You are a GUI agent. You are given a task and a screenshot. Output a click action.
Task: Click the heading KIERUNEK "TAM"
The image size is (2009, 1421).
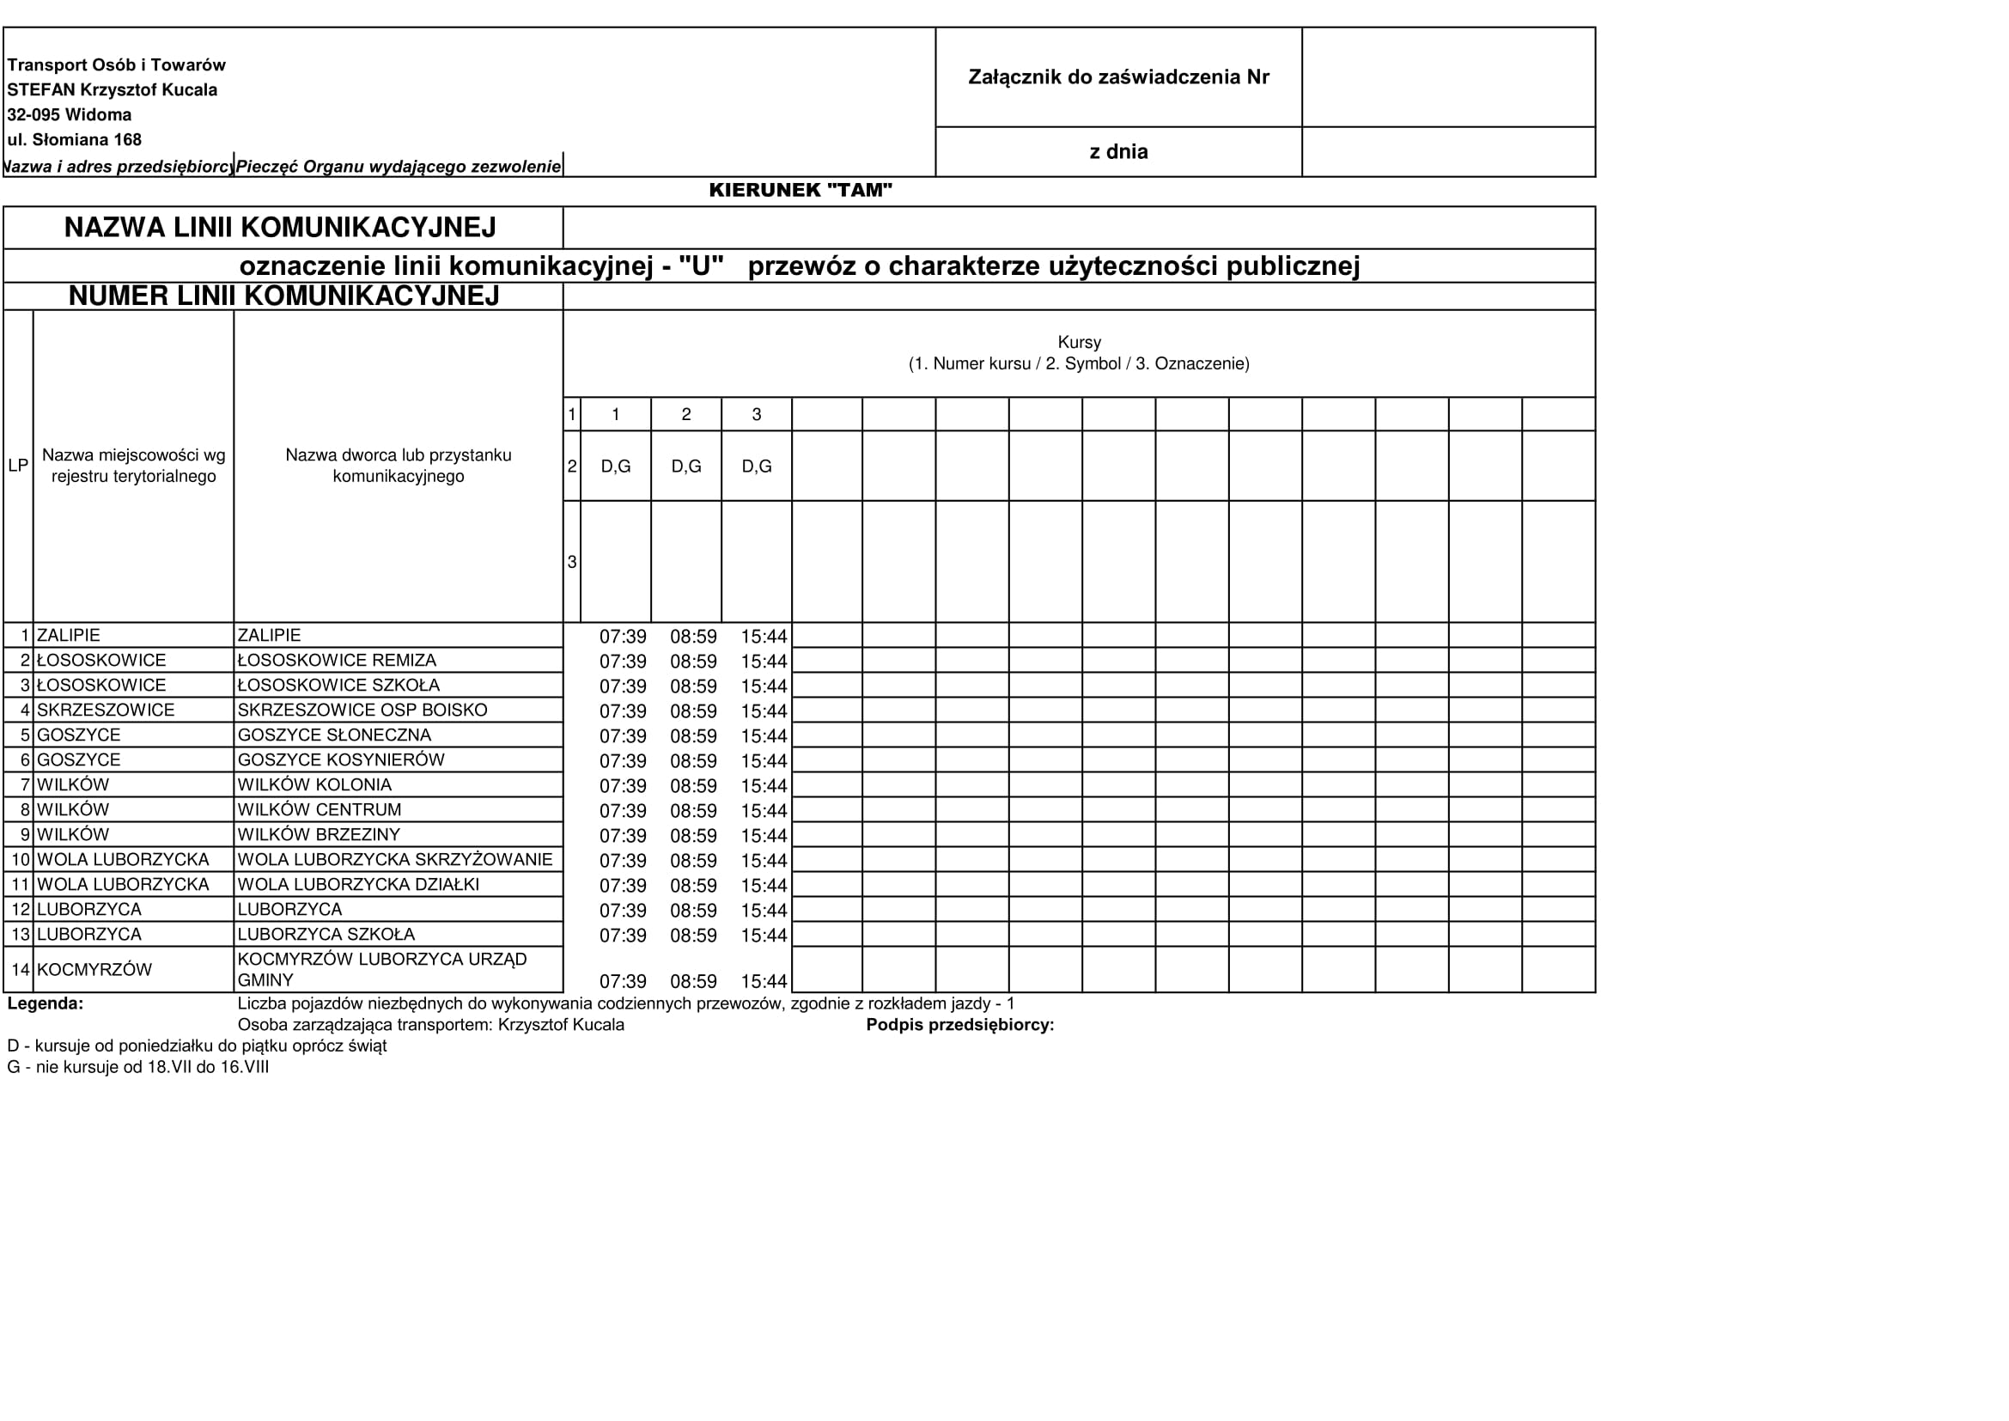pos(800,191)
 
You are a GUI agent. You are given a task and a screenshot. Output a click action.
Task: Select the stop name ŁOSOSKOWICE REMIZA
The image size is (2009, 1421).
pos(337,661)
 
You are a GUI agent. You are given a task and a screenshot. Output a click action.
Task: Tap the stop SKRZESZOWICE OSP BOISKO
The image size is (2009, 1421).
pos(362,710)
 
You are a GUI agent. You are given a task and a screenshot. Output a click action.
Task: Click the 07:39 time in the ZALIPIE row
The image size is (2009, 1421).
pos(622,637)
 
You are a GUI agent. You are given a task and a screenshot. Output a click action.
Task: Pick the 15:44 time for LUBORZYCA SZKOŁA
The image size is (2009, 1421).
pos(764,936)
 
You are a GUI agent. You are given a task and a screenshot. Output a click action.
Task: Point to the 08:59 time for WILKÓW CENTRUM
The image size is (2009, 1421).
pos(693,811)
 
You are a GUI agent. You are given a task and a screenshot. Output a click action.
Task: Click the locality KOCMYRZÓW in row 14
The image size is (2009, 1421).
pos(94,970)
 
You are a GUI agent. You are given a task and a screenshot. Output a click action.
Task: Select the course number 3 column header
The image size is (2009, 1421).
pos(757,415)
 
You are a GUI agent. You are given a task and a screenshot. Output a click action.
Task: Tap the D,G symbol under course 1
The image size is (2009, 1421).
pos(616,467)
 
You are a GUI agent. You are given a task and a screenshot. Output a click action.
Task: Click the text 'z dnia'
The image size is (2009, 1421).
pos(1118,152)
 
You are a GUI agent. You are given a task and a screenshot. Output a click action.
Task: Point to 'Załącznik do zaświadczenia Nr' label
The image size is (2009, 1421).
pos(1118,77)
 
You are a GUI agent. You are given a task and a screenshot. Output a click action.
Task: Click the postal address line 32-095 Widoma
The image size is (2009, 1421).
pos(70,114)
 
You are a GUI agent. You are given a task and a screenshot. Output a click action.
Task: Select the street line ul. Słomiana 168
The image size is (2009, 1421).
pos(75,140)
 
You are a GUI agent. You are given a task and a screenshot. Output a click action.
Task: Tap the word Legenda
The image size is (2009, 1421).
pos(46,1004)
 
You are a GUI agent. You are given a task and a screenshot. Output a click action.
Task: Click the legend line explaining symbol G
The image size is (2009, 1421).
pos(138,1068)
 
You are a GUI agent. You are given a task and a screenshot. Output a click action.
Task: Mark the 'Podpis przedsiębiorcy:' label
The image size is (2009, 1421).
pos(960,1026)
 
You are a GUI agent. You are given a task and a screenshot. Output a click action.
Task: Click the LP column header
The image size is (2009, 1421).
pos(18,467)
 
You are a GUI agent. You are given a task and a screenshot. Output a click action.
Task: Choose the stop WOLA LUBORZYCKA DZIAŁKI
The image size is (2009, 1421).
pos(359,885)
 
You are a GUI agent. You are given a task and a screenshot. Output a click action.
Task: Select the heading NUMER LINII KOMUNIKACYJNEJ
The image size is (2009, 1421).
pos(283,296)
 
